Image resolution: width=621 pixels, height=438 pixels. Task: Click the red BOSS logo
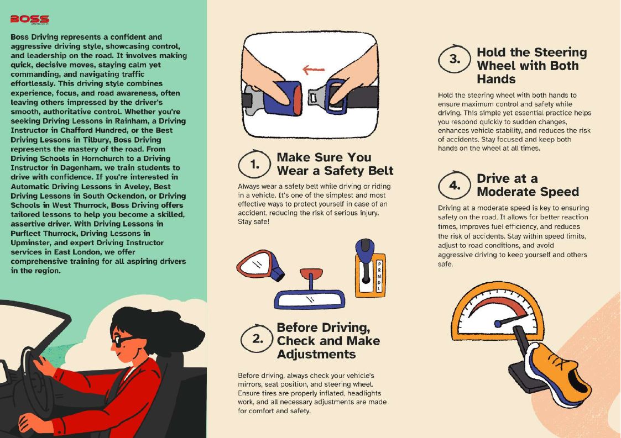click(x=30, y=19)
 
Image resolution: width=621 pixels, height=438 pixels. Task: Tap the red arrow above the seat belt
click(x=314, y=70)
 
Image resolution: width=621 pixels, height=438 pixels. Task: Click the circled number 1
click(x=255, y=164)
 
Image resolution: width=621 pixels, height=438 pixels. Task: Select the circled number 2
click(x=258, y=339)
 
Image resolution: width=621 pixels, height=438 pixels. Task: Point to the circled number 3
click(x=455, y=59)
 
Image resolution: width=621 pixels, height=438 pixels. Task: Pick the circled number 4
click(x=455, y=185)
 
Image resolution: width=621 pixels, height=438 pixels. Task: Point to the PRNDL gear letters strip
click(x=379, y=276)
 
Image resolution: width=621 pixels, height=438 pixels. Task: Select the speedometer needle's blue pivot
click(x=498, y=324)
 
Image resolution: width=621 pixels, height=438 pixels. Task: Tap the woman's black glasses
click(x=122, y=340)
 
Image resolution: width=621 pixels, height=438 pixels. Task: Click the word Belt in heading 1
click(x=376, y=171)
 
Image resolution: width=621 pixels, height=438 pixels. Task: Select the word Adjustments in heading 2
click(x=316, y=353)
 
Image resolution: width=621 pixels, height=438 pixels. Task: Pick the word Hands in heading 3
click(x=496, y=79)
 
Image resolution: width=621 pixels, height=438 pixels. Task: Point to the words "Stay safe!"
click(x=253, y=221)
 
